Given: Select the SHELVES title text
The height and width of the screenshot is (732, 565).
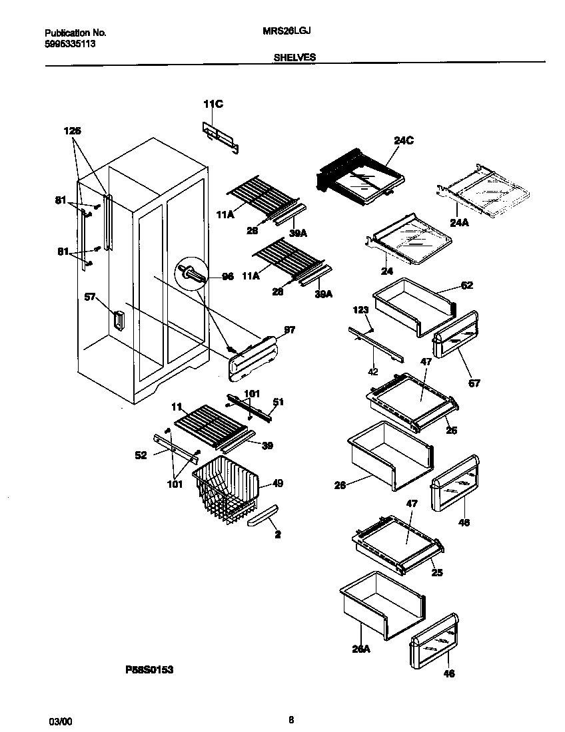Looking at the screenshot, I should (x=294, y=58).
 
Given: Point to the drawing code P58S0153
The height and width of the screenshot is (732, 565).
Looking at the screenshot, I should (x=150, y=670).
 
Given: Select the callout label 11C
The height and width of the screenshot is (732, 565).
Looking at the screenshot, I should (x=213, y=103).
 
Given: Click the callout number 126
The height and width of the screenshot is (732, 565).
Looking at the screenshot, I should (x=72, y=131).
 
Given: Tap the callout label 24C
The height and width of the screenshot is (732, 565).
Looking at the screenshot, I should (x=403, y=140).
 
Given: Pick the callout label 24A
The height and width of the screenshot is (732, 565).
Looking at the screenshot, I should (x=459, y=223).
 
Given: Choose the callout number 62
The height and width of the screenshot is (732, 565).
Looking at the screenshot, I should (x=466, y=285).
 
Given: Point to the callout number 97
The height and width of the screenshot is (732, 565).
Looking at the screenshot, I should (x=288, y=330).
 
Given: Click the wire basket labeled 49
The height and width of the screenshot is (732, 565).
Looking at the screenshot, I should (x=227, y=492).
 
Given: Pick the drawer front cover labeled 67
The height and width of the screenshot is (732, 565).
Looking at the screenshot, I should (x=456, y=335).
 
